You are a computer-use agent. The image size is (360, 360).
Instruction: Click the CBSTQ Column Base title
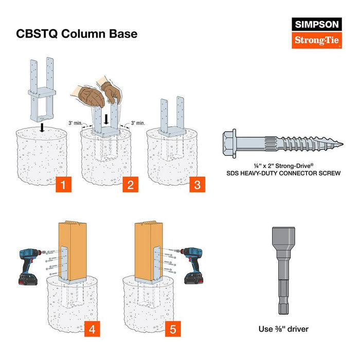pos(77,34)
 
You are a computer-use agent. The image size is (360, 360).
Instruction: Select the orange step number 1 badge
pos(62,185)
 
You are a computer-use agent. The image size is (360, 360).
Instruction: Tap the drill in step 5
pos(194,265)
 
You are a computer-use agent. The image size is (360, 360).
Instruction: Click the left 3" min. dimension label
pos(76,123)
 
